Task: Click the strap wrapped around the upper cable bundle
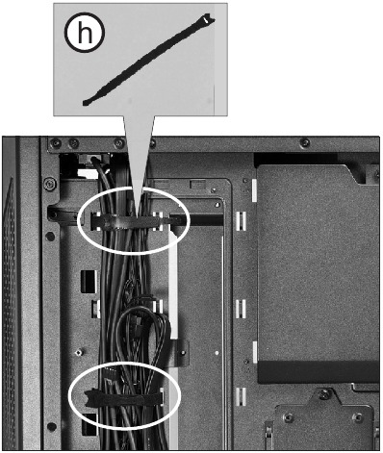click(x=135, y=221)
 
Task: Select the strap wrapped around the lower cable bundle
click(x=125, y=395)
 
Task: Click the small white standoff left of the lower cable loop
click(x=97, y=309)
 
